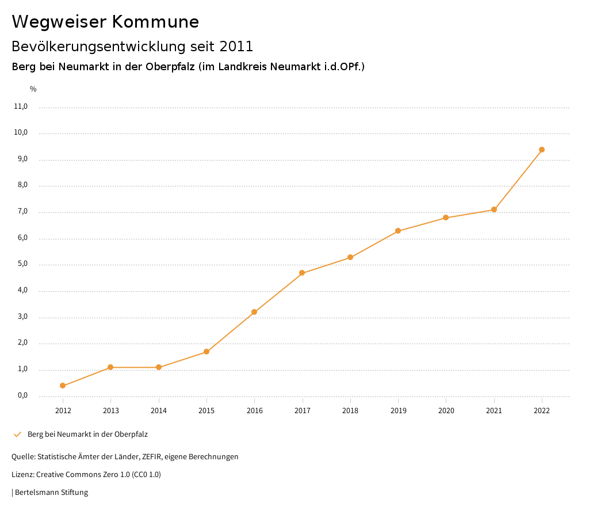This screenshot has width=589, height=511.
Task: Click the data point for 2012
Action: point(63,386)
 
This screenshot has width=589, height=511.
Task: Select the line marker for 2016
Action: point(254,312)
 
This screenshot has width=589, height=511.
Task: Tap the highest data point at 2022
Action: point(542,150)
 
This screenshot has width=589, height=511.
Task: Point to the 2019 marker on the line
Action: point(398,231)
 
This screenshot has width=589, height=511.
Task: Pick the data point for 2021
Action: point(494,209)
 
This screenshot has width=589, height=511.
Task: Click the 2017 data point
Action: point(302,273)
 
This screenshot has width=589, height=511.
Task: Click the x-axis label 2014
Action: point(159,410)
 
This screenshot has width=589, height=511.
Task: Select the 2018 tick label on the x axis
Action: point(350,410)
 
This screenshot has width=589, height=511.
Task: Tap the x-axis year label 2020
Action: point(446,410)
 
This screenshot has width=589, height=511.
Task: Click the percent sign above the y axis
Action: point(33,89)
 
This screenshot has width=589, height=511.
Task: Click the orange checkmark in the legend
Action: point(17,434)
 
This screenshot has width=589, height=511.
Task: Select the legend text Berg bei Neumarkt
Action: point(87,434)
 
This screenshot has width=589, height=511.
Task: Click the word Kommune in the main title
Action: point(155,22)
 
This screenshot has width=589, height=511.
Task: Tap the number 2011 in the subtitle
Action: point(236,46)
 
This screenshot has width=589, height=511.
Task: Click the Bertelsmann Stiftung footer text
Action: point(51,493)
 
